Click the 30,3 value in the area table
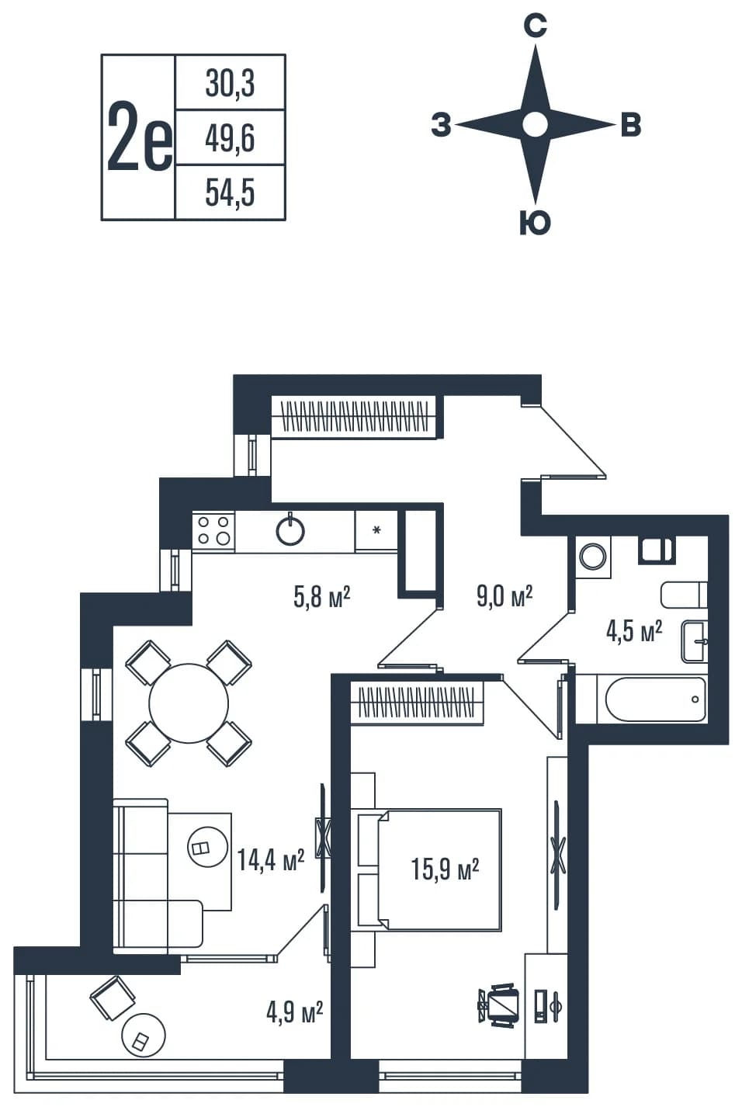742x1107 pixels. coord(231,83)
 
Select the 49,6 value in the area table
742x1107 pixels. coord(231,138)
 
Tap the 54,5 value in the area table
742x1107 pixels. coord(231,193)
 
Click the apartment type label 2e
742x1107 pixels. coord(140,136)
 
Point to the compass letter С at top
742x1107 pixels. coord(535,26)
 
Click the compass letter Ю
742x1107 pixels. coord(535,222)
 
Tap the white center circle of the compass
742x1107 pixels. coord(536,124)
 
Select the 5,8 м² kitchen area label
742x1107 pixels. coord(321,596)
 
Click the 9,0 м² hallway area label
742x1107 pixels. coord(504,595)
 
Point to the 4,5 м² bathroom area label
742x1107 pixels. coord(634,631)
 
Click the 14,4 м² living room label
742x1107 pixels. coord(271,859)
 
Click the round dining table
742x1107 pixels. coord(189,703)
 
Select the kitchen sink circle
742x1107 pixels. coord(290,531)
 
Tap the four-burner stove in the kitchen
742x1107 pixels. coord(213,531)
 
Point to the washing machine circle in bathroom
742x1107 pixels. coord(593,557)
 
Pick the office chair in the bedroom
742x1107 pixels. coord(498,1005)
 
